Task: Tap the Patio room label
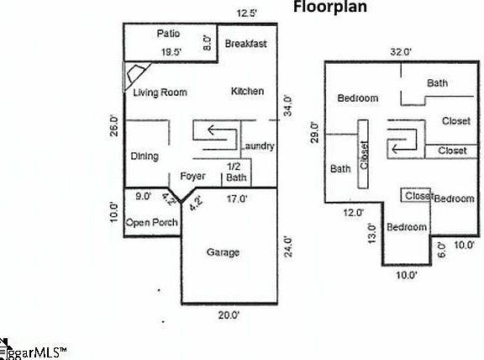click(169, 34)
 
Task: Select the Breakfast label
click(246, 43)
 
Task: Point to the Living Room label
click(160, 93)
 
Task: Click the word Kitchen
click(247, 91)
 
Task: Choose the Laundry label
click(258, 146)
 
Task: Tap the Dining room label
click(145, 156)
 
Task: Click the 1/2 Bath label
click(235, 172)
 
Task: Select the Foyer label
click(193, 177)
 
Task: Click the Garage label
click(223, 252)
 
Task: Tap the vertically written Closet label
click(364, 156)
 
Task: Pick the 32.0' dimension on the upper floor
click(400, 51)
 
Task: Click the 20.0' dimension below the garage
click(229, 315)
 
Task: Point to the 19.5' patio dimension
click(172, 51)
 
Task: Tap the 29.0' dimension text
click(313, 133)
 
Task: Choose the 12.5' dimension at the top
click(246, 13)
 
